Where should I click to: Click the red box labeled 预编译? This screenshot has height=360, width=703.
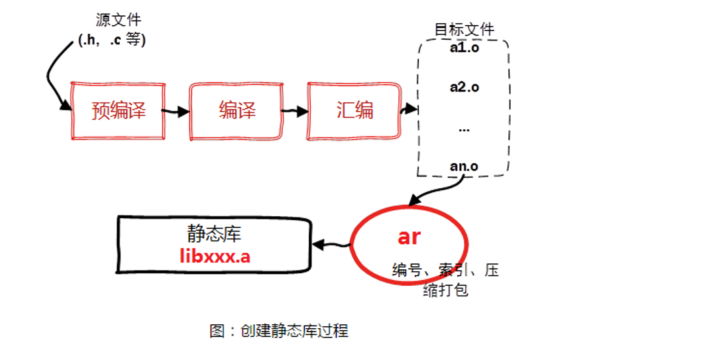coord(118,111)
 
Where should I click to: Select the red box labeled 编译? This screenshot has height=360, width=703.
coord(237,111)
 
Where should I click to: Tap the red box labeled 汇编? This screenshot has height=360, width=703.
coord(354,111)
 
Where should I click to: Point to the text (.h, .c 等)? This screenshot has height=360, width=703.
coord(112,40)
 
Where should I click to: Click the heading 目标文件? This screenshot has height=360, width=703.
coord(464,29)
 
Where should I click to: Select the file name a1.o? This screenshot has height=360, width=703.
coord(464,49)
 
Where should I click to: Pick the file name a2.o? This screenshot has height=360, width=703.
coord(464,87)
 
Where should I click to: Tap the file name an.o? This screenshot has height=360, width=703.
coord(464,166)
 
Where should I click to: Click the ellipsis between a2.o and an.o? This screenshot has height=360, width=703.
coord(464,129)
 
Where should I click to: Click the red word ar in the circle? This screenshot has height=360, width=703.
coord(409,237)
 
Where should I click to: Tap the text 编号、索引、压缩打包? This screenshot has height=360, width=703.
coord(445,279)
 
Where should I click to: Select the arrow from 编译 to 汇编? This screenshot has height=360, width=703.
coord(294,111)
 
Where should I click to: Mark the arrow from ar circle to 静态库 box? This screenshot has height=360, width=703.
coord(331,245)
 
